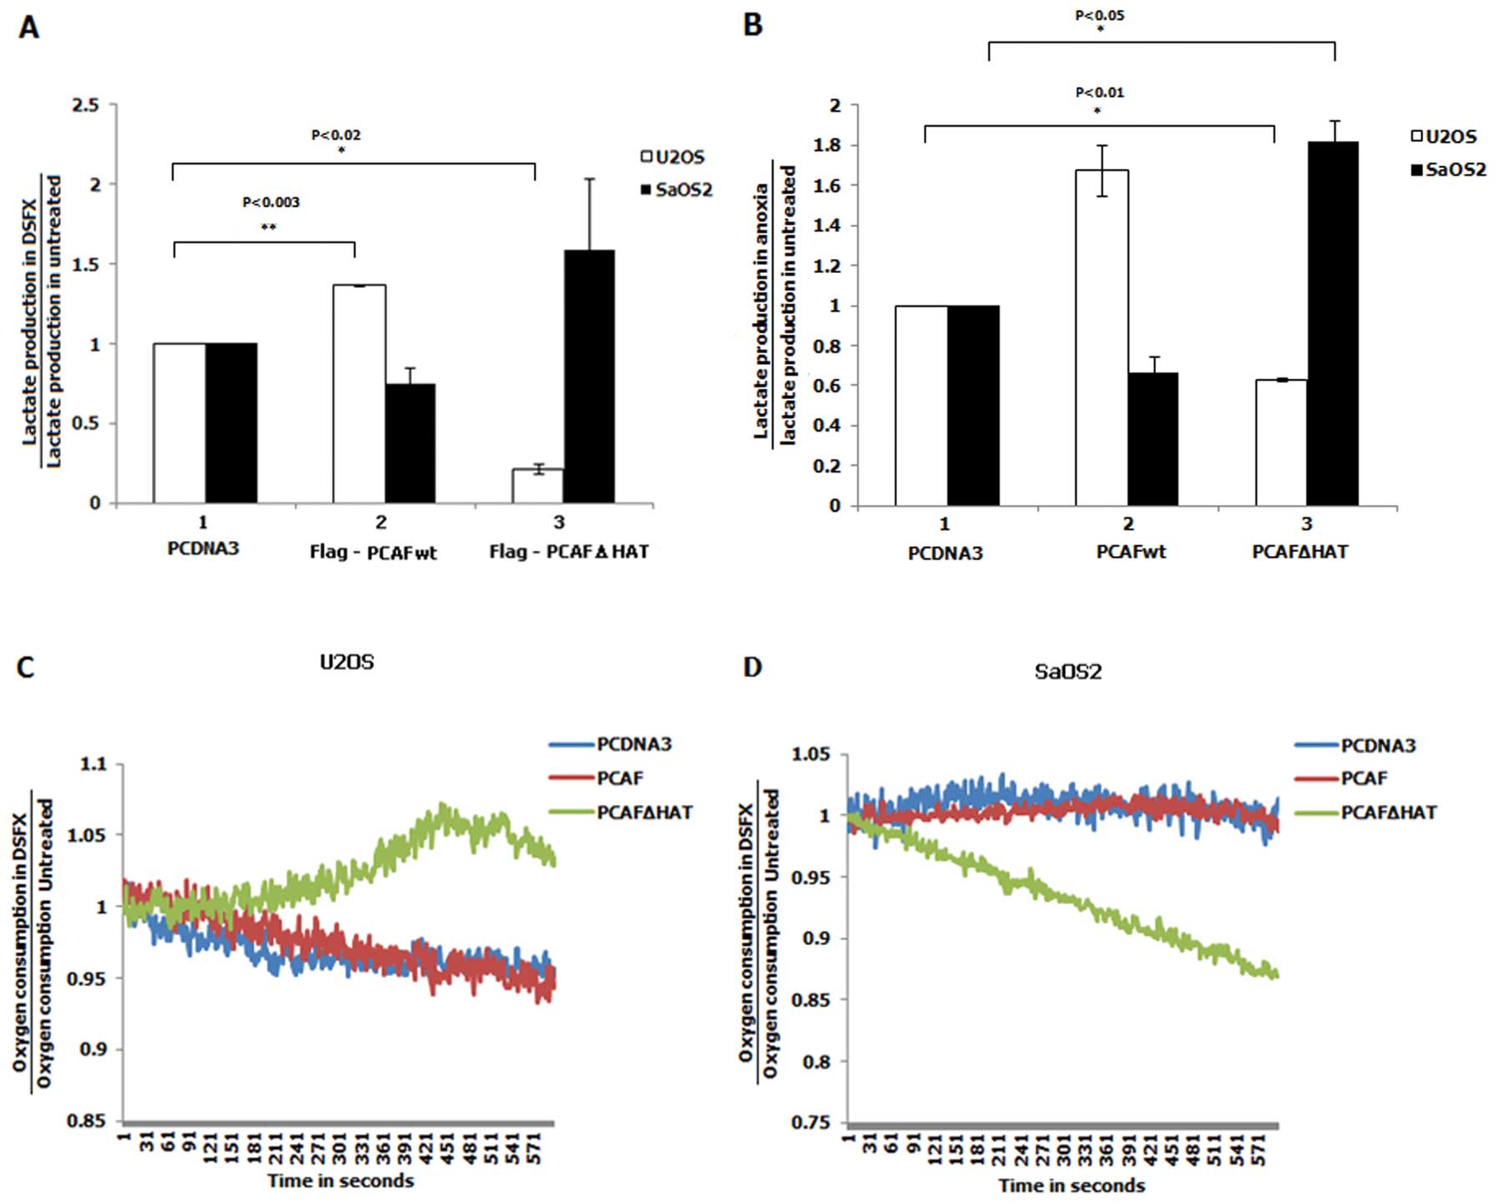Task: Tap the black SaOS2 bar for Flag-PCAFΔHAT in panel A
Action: (x=589, y=376)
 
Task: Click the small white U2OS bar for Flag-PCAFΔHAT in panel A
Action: (x=537, y=486)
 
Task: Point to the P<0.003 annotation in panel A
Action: (x=271, y=202)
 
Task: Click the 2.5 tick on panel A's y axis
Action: (x=85, y=105)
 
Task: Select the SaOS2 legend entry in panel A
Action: (x=676, y=190)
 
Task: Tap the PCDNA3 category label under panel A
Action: (x=203, y=549)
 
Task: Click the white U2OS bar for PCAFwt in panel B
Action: (x=1102, y=338)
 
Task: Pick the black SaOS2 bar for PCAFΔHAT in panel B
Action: (x=1333, y=324)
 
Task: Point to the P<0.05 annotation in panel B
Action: (x=1100, y=15)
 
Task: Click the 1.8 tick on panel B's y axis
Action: (x=826, y=145)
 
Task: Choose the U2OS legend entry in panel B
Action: (x=1444, y=137)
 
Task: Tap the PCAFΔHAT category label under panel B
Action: (x=1299, y=552)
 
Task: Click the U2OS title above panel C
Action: (x=347, y=662)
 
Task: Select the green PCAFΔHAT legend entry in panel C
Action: (x=622, y=812)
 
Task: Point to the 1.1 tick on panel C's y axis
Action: (x=94, y=764)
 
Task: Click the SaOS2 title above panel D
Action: (x=1068, y=671)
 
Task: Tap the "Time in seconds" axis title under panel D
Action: (x=1072, y=1186)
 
